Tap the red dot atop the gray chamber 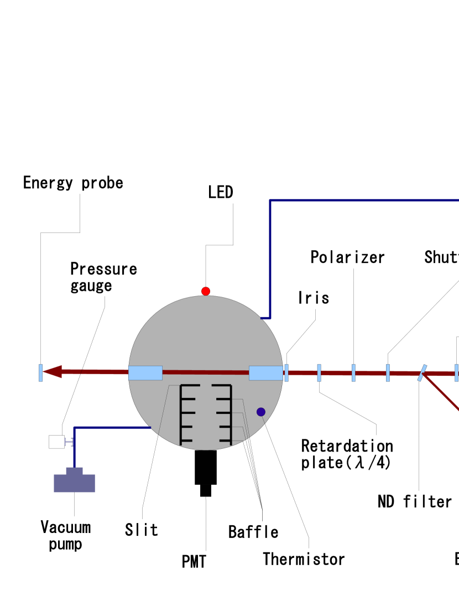pyautogui.click(x=206, y=291)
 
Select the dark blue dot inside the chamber pyautogui.click(x=261, y=412)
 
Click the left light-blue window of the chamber pyautogui.click(x=145, y=373)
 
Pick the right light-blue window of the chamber pyautogui.click(x=265, y=373)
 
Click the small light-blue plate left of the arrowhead pyautogui.click(x=41, y=372)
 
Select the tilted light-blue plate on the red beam pyautogui.click(x=423, y=372)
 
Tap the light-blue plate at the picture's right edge pyautogui.click(x=456, y=372)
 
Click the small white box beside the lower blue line pyautogui.click(x=56, y=442)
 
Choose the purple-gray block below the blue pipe pyautogui.click(x=74, y=482)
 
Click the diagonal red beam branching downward pyautogui.click(x=442, y=392)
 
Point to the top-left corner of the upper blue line pyautogui.click(x=270, y=201)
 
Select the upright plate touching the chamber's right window pyautogui.click(x=286, y=372)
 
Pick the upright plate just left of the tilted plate pyautogui.click(x=388, y=372)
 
